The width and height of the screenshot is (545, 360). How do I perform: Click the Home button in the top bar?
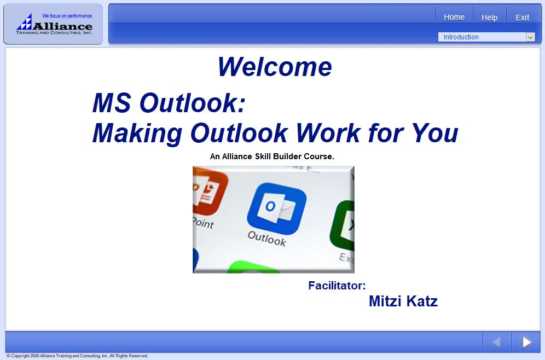point(454,18)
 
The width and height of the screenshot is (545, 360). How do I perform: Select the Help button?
point(489,18)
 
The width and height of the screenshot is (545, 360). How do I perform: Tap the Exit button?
point(522,18)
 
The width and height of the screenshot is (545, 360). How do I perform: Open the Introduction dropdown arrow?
point(530,37)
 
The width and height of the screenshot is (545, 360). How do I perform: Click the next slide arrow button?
point(526,342)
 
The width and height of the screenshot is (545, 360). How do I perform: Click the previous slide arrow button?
point(496,342)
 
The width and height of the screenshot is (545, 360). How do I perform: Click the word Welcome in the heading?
point(275,67)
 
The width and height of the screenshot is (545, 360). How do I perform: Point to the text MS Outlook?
point(169,103)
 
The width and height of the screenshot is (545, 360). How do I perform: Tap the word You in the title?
point(435,133)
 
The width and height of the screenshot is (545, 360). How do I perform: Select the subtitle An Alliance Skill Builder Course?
point(272,156)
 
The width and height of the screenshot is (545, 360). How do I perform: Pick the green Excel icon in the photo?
point(343,225)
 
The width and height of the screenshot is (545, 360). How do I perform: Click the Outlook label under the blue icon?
point(266,239)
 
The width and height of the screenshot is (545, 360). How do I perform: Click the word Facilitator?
point(337,286)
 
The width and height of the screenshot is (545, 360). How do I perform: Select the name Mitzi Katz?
point(403,301)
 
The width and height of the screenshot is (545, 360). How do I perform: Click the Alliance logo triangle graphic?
point(24,22)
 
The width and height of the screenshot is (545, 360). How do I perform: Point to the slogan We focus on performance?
point(67,16)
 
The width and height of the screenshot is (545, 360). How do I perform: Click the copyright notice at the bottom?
point(77,356)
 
